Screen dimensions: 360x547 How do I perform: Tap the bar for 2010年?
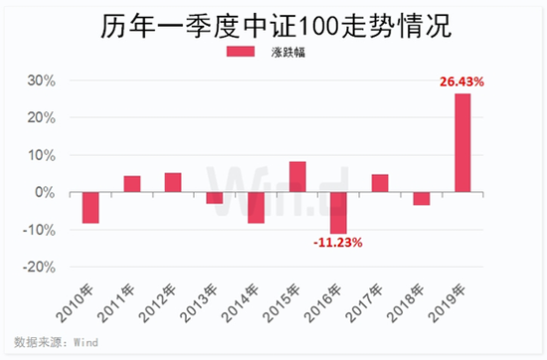(x=91, y=208)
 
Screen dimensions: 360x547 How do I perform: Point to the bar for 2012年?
(x=173, y=182)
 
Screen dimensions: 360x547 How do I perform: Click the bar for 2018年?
(x=422, y=198)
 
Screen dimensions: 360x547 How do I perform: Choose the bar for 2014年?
(x=256, y=208)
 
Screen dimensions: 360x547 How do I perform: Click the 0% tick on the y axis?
(x=51, y=192)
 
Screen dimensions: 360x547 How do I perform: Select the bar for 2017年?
(x=380, y=183)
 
